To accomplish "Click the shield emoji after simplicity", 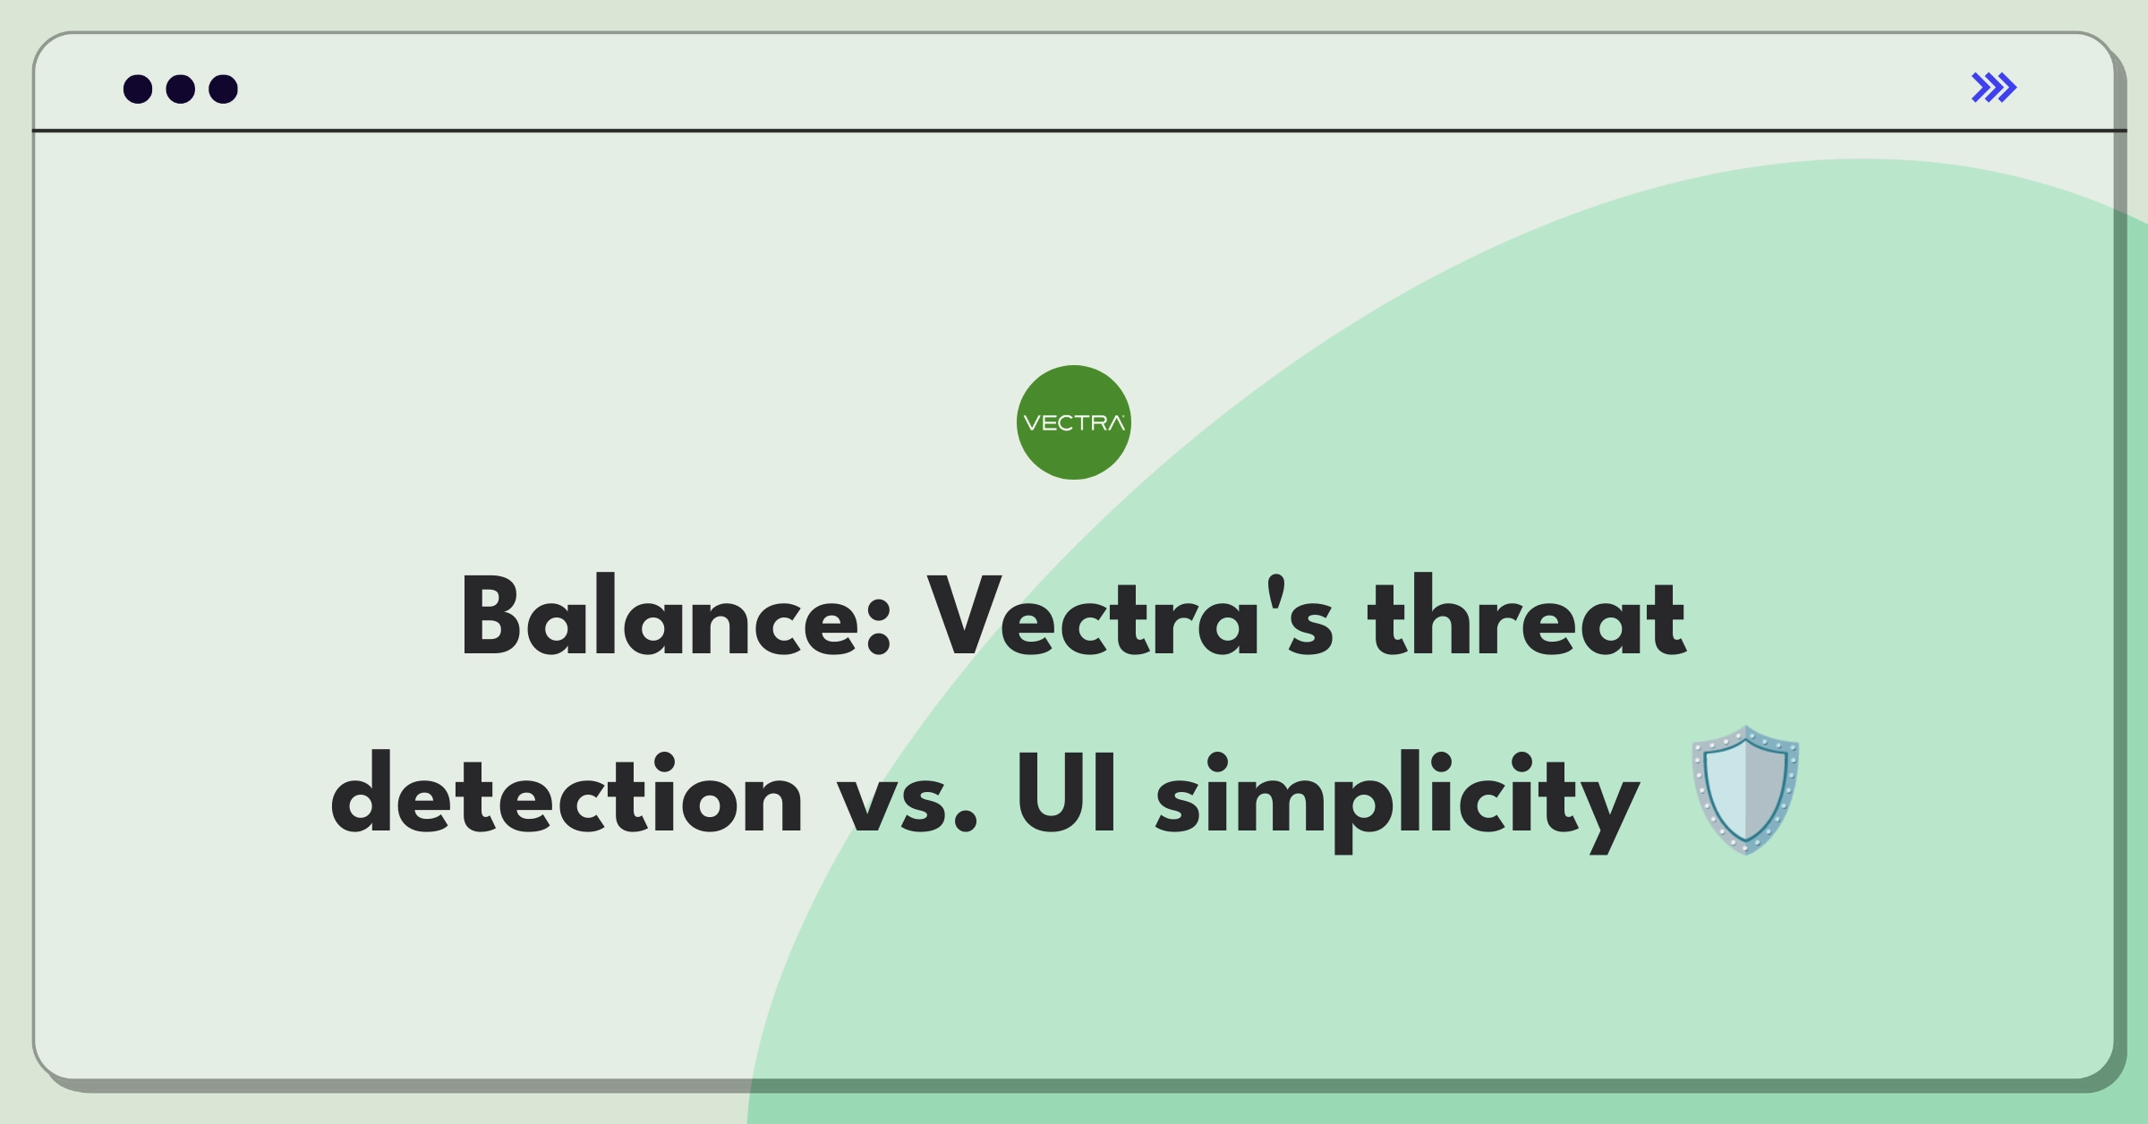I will tap(1745, 791).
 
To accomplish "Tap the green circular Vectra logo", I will tap(1073, 422).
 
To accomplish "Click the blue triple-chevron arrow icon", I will tap(1993, 88).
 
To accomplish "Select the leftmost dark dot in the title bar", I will tap(138, 89).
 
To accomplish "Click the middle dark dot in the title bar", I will tap(181, 89).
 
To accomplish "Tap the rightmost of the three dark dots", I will tap(223, 89).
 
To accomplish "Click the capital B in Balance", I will tap(491, 617).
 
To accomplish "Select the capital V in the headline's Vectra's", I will tap(963, 617).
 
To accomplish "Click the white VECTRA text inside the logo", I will tap(1073, 423).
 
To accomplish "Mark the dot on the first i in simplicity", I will tap(1219, 761).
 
